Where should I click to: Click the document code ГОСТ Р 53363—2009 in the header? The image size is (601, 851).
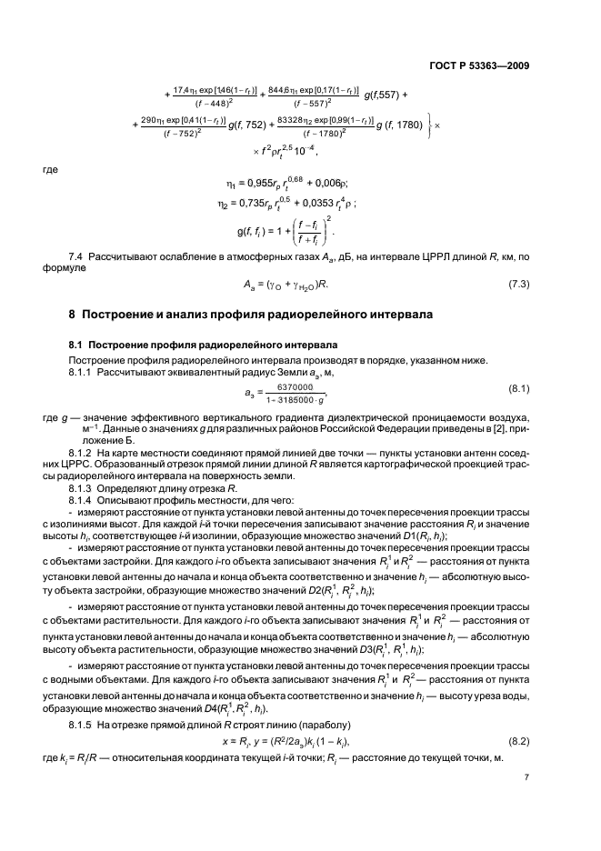(478, 65)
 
